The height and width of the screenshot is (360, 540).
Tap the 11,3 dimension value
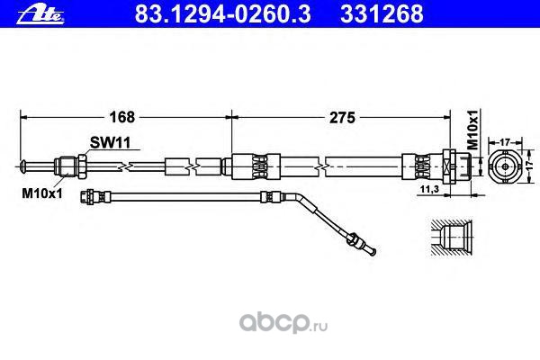[x=431, y=190]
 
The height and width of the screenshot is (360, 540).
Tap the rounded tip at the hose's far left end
[x=22, y=165]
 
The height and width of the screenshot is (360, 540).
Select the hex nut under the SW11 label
[x=70, y=165]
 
